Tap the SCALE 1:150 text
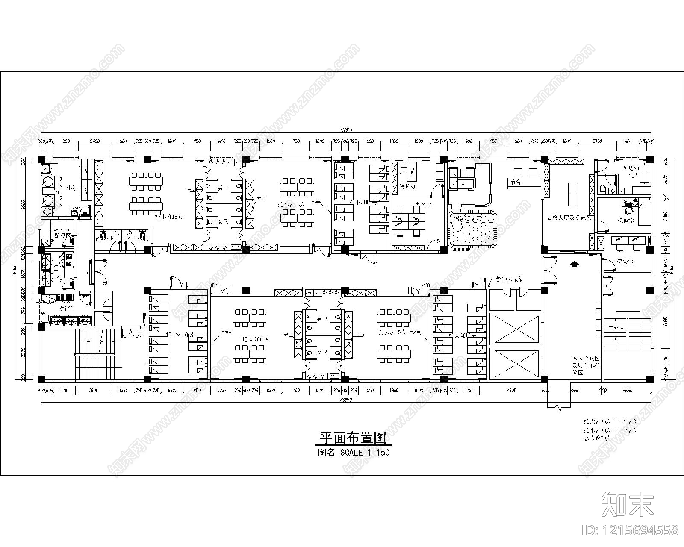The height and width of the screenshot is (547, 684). coord(364,452)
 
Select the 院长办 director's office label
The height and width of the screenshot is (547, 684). coord(407,186)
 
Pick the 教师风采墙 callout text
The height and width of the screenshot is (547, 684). coord(510,279)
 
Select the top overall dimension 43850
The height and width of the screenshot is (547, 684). coord(346,130)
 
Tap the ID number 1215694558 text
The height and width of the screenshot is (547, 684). coord(630,530)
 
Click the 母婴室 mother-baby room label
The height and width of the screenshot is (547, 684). coord(631,168)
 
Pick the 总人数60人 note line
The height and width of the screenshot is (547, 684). coord(598,438)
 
